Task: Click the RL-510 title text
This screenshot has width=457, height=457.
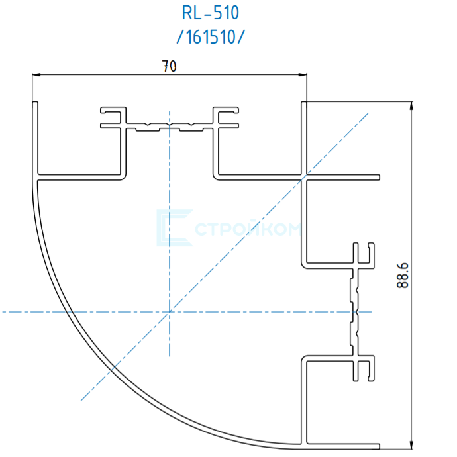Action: tap(210, 13)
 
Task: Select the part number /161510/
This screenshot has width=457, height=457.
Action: tap(211, 37)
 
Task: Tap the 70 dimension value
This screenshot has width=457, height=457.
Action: tap(169, 66)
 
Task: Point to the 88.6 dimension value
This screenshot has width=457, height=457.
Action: tap(403, 276)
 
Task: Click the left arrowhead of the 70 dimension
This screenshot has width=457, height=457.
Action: tap(36, 75)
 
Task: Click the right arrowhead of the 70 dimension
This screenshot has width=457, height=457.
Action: tap(303, 75)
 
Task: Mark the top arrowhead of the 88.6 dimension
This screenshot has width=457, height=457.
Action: tap(411, 105)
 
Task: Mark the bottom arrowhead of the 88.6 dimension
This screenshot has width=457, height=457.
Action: tap(411, 445)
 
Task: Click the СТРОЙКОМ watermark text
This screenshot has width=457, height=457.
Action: tap(248, 229)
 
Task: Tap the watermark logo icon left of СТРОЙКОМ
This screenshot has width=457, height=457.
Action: tap(174, 228)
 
